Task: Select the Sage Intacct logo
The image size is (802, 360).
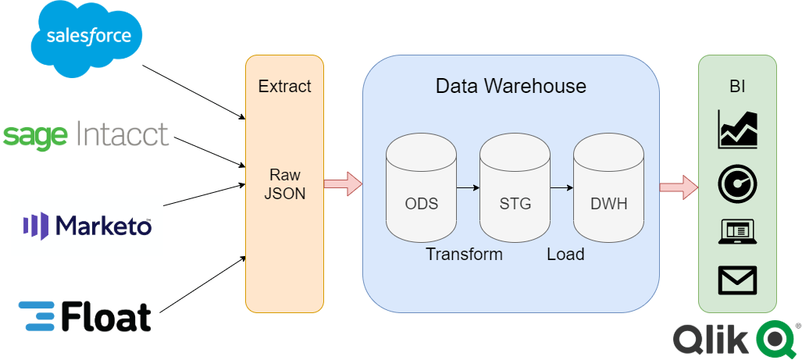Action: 86,135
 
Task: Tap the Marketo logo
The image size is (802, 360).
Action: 87,226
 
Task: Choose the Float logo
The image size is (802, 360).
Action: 85,316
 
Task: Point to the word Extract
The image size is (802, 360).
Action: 284,86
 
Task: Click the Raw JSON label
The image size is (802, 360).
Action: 284,184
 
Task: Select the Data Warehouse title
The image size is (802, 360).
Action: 511,85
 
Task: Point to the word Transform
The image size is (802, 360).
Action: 464,255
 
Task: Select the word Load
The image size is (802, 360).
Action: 565,255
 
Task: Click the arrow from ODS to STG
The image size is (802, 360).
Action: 468,187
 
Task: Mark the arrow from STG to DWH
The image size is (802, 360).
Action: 561,187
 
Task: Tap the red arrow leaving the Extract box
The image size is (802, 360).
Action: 343,185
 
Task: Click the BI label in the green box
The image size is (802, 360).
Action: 737,86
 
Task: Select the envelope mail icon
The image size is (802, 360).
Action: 737,280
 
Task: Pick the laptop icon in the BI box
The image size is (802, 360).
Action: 737,232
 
